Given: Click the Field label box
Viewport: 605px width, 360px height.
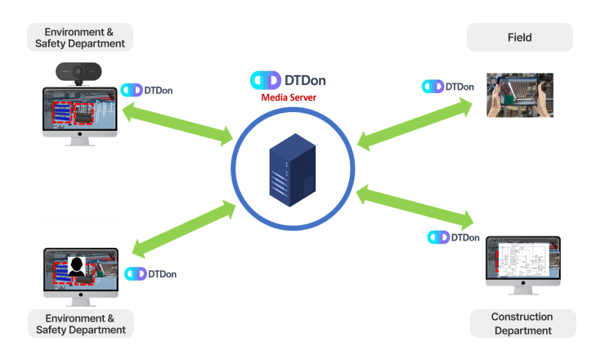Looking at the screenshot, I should click(519, 38).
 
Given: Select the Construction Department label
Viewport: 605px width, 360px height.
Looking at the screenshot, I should click(522, 324).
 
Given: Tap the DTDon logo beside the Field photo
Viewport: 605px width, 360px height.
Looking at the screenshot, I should click(448, 87).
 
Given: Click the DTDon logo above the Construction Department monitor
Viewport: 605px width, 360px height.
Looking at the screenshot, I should click(454, 237).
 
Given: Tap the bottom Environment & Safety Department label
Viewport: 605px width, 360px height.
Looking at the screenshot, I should click(81, 324).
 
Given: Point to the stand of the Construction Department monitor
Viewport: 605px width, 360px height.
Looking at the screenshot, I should click(523, 295).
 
